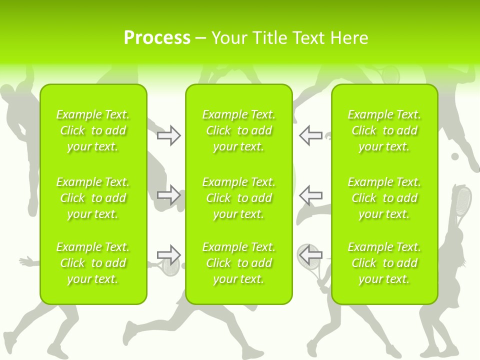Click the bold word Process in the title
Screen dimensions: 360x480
157,38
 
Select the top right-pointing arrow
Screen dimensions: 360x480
168,135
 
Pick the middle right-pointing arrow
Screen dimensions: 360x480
168,194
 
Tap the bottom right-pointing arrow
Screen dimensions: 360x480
168,255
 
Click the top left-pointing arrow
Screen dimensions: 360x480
310,135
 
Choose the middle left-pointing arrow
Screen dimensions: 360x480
310,194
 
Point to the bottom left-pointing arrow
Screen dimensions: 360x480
310,255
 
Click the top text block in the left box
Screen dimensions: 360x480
93,130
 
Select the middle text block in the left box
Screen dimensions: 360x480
93,198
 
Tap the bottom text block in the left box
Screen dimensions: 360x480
93,263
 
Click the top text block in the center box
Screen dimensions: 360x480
238,130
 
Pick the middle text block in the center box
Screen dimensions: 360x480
238,198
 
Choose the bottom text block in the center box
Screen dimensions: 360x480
238,263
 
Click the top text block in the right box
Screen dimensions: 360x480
384,130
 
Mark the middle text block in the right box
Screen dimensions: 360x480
384,198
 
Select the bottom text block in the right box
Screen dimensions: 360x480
384,263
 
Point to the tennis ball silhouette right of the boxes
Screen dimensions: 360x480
455,156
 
